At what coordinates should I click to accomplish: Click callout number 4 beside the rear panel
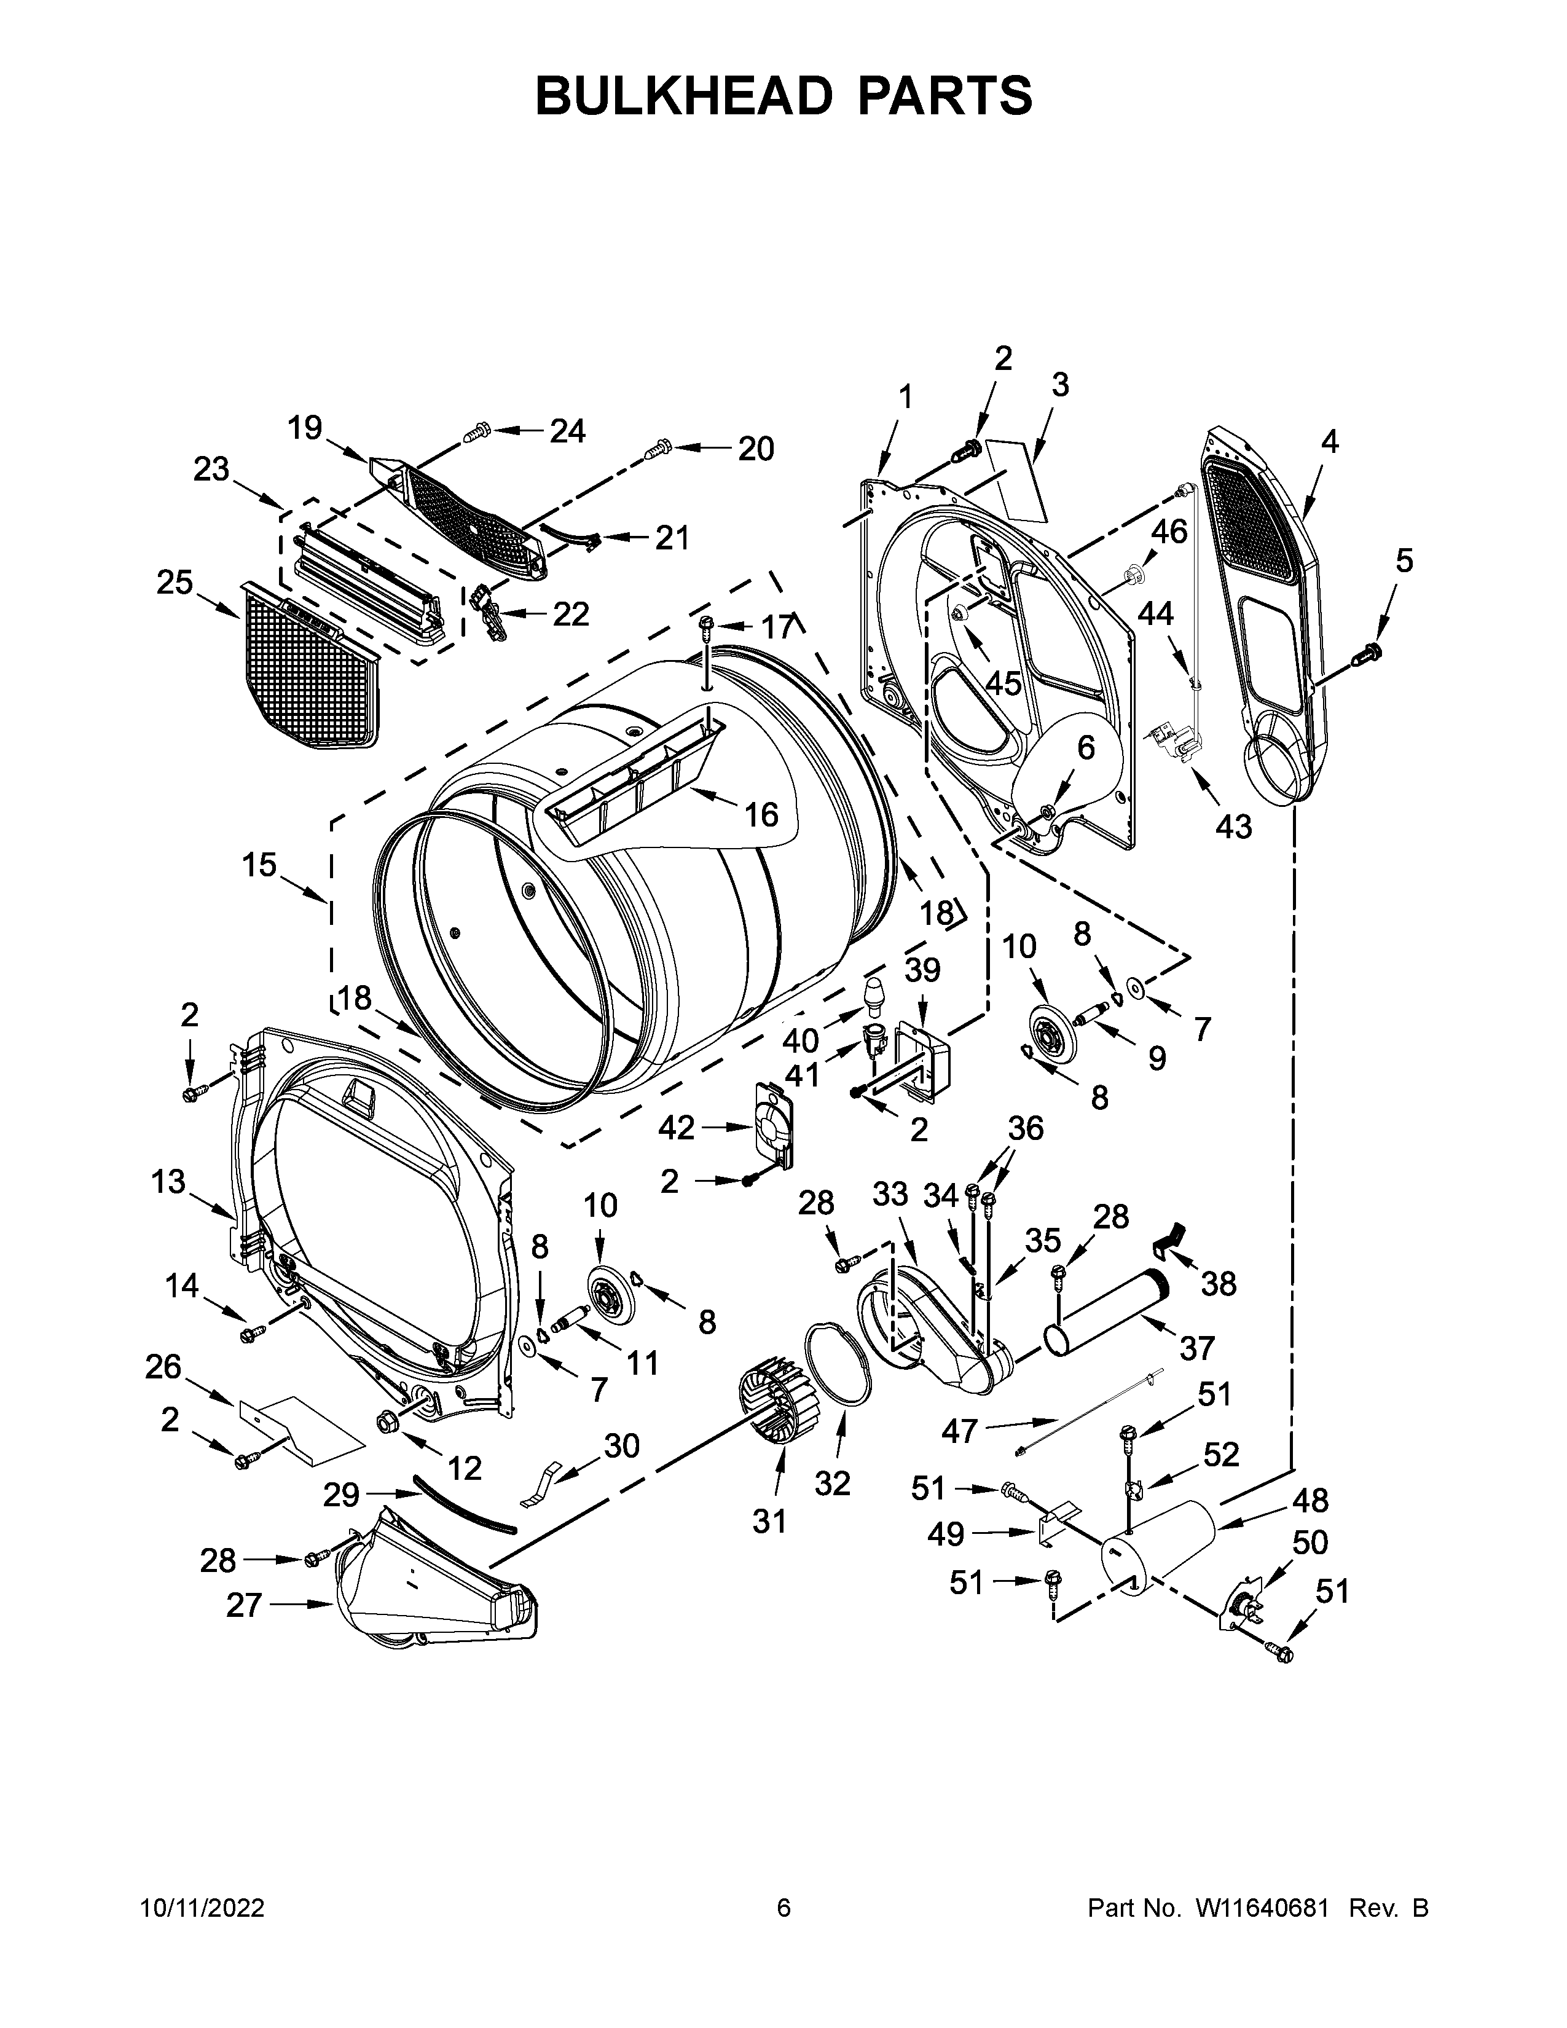point(1329,442)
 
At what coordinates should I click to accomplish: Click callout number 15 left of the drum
point(260,865)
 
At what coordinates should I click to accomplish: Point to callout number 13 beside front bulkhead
point(169,1182)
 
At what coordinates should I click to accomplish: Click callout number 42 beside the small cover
point(676,1127)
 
